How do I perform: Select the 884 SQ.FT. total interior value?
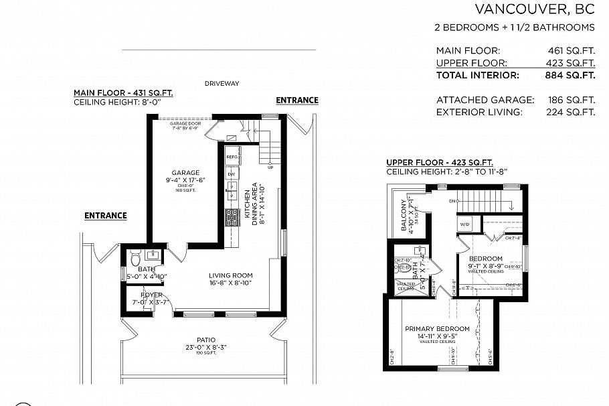(x=571, y=76)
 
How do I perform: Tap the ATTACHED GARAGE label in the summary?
(x=485, y=100)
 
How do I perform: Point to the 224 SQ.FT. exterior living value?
(x=571, y=112)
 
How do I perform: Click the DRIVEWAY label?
(x=222, y=84)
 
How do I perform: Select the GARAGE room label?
(x=185, y=173)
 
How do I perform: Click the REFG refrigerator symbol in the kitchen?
(x=232, y=157)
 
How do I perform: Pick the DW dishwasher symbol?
(x=232, y=174)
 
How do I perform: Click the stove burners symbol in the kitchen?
(x=232, y=217)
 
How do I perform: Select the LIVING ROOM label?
(x=230, y=275)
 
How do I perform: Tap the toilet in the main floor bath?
(x=134, y=257)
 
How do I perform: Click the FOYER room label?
(x=151, y=295)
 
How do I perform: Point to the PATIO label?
(x=206, y=339)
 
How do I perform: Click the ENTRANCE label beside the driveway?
(x=297, y=100)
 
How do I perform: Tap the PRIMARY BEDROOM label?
(x=437, y=328)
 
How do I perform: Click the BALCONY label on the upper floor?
(x=404, y=215)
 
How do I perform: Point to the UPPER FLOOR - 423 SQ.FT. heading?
(x=439, y=163)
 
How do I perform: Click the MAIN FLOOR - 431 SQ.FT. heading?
(x=123, y=93)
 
